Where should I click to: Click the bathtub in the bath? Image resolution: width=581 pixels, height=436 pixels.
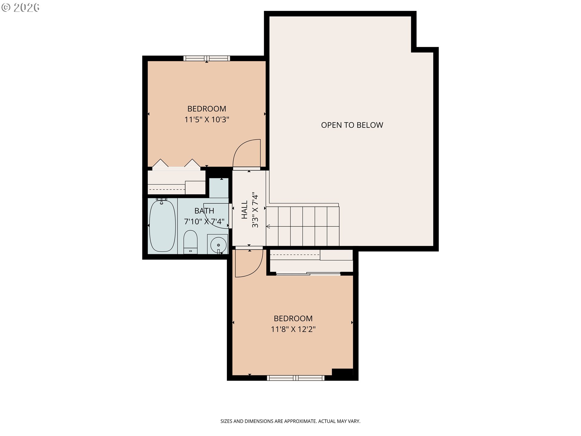tap(162, 225)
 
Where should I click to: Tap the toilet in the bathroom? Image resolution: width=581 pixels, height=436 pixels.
tap(190, 242)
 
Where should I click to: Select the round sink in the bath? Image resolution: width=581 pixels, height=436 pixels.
tap(218, 244)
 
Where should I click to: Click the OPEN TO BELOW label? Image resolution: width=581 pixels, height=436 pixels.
tap(352, 125)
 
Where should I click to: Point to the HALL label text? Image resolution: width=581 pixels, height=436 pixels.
tap(245, 210)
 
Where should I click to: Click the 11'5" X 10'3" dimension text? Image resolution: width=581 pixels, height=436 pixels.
tap(207, 120)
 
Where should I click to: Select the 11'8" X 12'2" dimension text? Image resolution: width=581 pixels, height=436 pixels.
tap(293, 329)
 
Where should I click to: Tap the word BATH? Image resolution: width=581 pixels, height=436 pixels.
tap(204, 211)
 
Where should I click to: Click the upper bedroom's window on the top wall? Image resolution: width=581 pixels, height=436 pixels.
tap(207, 58)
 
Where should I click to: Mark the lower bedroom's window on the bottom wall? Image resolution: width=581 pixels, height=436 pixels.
tap(296, 378)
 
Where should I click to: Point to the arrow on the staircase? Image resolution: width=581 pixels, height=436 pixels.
tap(303, 226)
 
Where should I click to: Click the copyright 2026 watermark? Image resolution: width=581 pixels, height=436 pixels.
tap(20, 7)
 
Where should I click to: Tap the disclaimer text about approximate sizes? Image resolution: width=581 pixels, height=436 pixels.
tap(290, 421)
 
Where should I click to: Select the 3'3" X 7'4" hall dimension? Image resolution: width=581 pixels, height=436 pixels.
tap(255, 210)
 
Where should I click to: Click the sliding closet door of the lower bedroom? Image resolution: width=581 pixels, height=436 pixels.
tap(308, 274)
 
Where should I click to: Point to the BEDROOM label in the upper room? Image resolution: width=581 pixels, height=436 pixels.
tap(207, 109)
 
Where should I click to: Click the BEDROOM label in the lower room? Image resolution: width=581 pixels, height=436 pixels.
tap(293, 319)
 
